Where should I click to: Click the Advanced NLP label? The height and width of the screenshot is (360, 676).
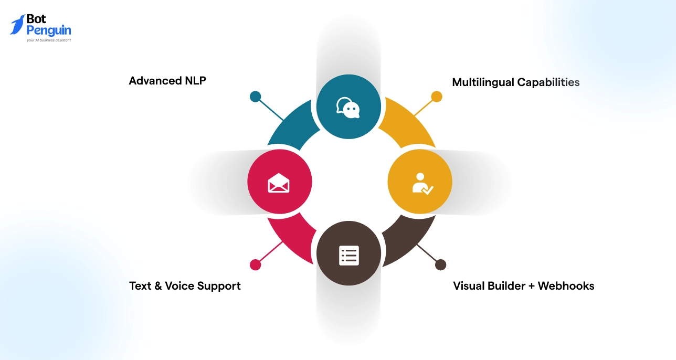point(167,81)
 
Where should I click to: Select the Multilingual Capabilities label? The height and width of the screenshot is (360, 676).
point(515,82)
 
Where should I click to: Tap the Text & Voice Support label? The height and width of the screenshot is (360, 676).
point(185,286)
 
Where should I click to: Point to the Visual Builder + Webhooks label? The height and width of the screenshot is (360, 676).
point(523,286)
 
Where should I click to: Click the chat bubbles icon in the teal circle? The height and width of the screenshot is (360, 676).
point(348,107)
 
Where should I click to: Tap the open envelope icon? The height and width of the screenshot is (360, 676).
point(279,183)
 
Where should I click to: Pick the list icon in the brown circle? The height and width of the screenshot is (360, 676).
point(348,255)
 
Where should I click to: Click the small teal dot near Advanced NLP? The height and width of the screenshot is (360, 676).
point(255,97)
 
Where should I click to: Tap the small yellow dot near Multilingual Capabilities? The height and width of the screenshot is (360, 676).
point(437,97)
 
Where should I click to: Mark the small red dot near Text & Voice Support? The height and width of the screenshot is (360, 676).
point(255,265)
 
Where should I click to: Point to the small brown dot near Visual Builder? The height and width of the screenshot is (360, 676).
point(441,265)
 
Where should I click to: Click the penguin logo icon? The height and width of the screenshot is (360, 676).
point(17,25)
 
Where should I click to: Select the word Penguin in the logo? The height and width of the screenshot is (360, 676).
point(49,30)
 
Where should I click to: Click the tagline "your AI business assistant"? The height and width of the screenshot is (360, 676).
point(49,40)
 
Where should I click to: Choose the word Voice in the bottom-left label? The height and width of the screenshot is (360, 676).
point(179,286)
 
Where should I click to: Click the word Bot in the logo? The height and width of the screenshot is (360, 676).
point(37,19)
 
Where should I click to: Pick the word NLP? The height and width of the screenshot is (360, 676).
point(194,81)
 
